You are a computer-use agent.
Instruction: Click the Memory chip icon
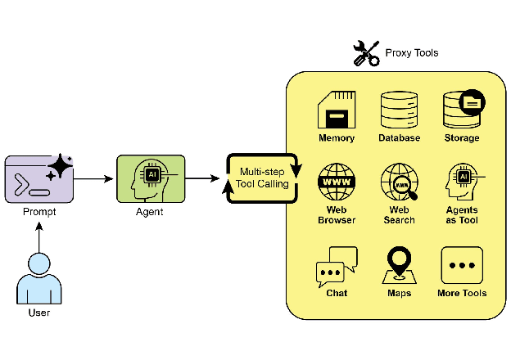[x=336, y=110]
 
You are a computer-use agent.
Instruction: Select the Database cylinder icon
[x=399, y=110]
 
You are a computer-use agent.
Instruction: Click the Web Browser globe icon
[x=336, y=182]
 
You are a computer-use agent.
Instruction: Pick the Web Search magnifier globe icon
[x=399, y=182]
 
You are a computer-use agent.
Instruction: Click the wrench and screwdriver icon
[x=365, y=53]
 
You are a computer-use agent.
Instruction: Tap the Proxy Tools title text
[x=412, y=53]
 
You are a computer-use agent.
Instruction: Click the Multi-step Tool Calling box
[x=262, y=178]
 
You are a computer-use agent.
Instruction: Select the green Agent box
[x=151, y=178]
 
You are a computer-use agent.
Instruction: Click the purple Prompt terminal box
[x=38, y=178]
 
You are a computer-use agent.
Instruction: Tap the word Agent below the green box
[x=150, y=212]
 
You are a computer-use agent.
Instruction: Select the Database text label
[x=399, y=138]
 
